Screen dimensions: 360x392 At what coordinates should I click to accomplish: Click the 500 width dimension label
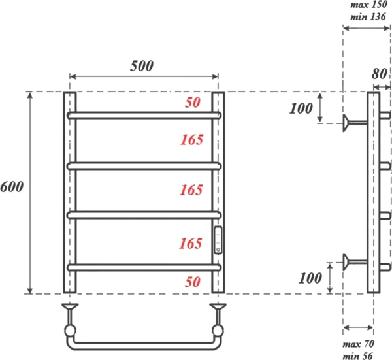(141, 65)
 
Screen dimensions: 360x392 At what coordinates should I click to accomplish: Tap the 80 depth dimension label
(380, 73)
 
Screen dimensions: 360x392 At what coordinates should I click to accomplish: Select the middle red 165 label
(192, 190)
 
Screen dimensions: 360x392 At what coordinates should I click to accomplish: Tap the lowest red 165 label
(192, 244)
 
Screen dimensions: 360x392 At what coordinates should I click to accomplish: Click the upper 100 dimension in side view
(301, 108)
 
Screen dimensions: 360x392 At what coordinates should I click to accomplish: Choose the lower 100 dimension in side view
(310, 278)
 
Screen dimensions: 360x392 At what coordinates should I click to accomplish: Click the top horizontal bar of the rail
(144, 114)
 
